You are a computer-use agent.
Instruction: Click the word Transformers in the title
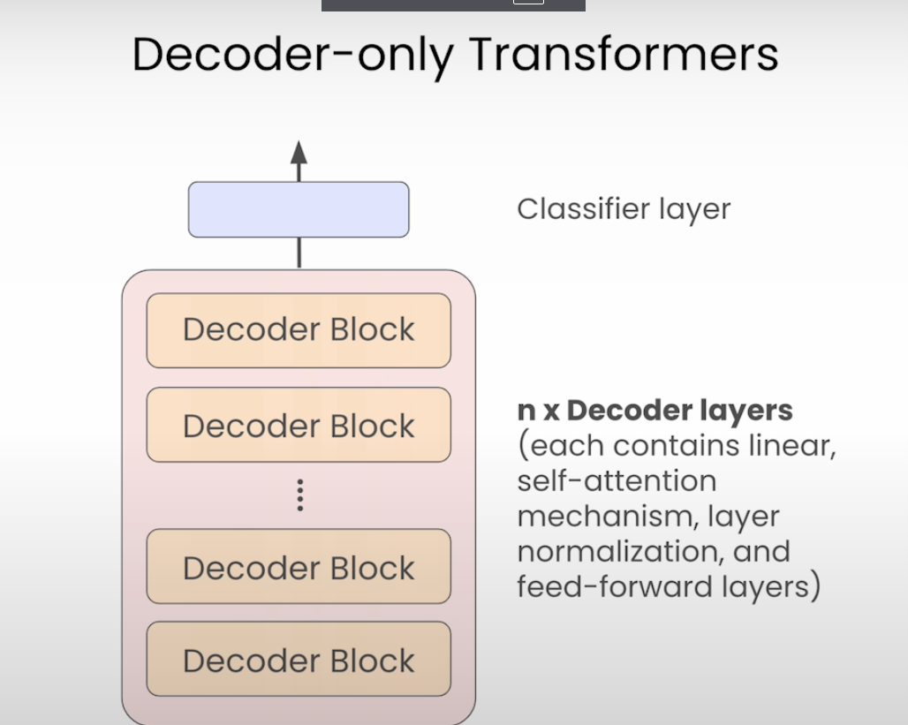tap(624, 54)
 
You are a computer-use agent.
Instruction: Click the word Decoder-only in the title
tap(292, 56)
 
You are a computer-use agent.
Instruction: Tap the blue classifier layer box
tap(299, 210)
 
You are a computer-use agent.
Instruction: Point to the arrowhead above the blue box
tap(299, 152)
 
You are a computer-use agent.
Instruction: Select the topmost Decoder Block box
tap(299, 330)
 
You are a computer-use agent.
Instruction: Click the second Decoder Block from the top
tap(299, 426)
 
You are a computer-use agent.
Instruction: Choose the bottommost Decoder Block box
tap(299, 660)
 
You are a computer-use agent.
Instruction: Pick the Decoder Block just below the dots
tap(299, 567)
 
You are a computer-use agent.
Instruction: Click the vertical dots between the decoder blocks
tap(299, 495)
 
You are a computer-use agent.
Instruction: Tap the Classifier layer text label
tap(624, 209)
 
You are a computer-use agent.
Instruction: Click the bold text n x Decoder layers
tap(655, 411)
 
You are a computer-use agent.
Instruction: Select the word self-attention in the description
tap(617, 481)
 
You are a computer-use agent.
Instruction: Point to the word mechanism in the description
tap(597, 517)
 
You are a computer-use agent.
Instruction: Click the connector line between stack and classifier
tap(299, 253)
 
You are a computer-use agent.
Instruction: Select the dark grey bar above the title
tap(453, 4)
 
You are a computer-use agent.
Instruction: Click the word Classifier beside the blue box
tap(584, 209)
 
